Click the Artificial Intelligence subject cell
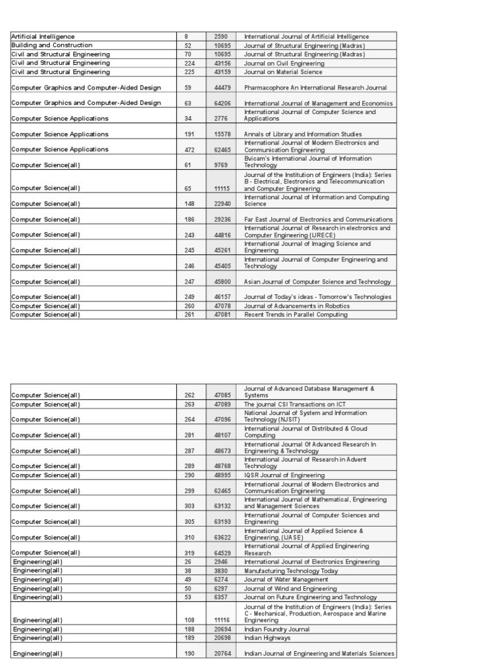pyautogui.click(x=43, y=37)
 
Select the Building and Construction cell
pyautogui.click(x=52, y=45)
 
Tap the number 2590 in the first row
pyautogui.click(x=221, y=37)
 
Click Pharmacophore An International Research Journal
pyautogui.click(x=315, y=88)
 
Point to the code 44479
pyautogui.click(x=222, y=88)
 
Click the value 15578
pyautogui.click(x=222, y=134)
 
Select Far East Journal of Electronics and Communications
pyautogui.click(x=318, y=219)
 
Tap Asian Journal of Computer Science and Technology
pyautogui.click(x=317, y=282)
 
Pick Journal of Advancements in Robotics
pyautogui.click(x=296, y=306)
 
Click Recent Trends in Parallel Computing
pyautogui.click(x=296, y=314)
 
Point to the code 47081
pyautogui.click(x=222, y=314)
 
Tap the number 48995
pyautogui.click(x=222, y=475)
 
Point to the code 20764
pyautogui.click(x=222, y=654)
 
